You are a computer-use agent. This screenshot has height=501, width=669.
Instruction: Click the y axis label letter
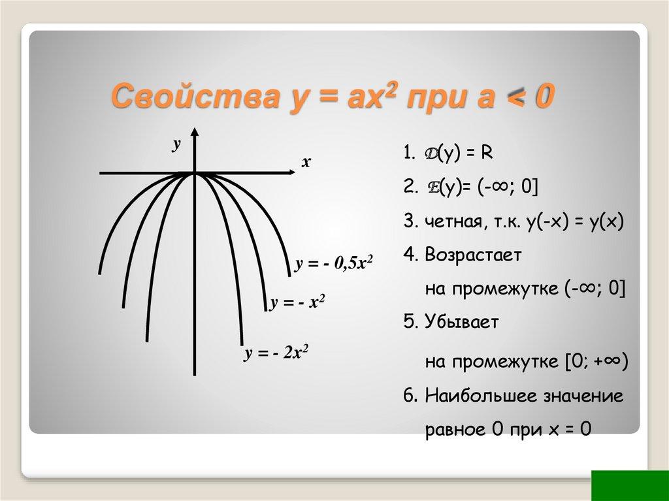(x=176, y=145)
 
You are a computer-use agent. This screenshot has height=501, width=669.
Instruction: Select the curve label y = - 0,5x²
(x=333, y=264)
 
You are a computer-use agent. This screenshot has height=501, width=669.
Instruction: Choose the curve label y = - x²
(x=297, y=304)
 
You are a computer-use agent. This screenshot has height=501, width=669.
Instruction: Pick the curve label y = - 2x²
(x=276, y=354)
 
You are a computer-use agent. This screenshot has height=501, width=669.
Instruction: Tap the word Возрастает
(x=473, y=255)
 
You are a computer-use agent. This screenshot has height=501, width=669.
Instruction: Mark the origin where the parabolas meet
(x=195, y=173)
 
